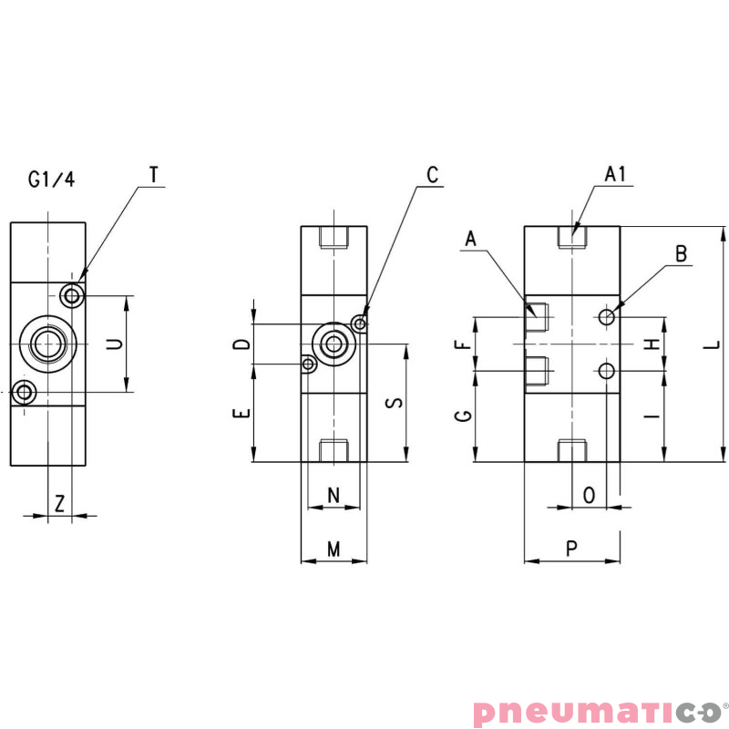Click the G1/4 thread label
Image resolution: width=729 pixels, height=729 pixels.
(x=51, y=180)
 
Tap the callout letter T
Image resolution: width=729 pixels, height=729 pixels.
(x=153, y=173)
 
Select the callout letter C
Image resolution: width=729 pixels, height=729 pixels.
(x=433, y=173)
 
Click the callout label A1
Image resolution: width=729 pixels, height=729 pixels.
(x=616, y=173)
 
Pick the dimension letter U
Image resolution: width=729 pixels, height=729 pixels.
(x=115, y=344)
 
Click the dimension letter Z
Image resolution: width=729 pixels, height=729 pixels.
(x=59, y=503)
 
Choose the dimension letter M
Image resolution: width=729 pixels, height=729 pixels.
(x=334, y=549)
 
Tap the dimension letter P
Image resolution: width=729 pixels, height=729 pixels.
(x=571, y=549)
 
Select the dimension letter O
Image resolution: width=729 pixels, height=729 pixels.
(x=589, y=495)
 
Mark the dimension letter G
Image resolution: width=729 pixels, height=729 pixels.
(x=464, y=416)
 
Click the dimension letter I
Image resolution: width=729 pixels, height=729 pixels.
(x=652, y=416)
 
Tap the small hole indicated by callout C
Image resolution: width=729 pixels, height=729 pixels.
(x=362, y=323)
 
